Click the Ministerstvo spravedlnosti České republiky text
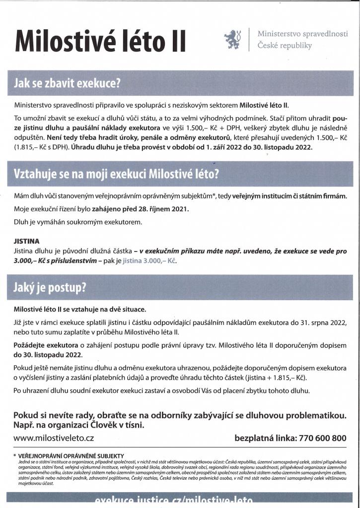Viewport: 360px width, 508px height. pos(302,40)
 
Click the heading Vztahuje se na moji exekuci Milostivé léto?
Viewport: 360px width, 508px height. pos(117,175)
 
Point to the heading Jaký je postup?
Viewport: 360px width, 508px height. pos(50,287)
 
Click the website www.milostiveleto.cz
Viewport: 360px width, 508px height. pos(54,438)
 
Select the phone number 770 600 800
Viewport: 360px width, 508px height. pos(323,438)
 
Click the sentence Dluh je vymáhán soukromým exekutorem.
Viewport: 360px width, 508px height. pos(78,222)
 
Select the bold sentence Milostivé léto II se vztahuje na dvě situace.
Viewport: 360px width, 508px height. pos(79,309)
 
